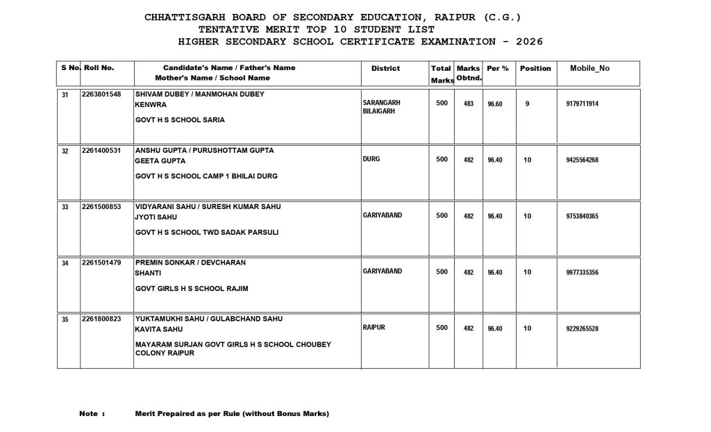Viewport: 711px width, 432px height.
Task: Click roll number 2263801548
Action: point(101,94)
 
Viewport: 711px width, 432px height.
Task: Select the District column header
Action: point(385,68)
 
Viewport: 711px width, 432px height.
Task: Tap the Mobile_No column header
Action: point(589,68)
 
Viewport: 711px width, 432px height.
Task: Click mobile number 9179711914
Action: point(583,104)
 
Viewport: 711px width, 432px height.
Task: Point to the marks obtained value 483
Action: point(469,104)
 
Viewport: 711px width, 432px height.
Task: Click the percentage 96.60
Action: point(495,104)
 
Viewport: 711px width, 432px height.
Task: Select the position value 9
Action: point(528,103)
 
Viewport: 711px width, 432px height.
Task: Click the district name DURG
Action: point(371,159)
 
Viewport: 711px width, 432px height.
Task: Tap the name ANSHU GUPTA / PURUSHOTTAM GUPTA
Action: point(205,150)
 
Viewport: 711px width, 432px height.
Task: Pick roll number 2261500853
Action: point(101,206)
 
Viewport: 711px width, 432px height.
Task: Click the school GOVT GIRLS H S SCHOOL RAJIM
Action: point(192,288)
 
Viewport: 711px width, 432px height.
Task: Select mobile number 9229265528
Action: point(583,329)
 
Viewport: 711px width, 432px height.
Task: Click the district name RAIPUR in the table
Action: point(374,327)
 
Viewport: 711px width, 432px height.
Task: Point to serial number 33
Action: point(65,207)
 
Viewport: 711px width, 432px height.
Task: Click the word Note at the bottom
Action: point(88,414)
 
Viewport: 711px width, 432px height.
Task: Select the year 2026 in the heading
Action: point(528,42)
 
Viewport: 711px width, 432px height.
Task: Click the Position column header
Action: point(535,68)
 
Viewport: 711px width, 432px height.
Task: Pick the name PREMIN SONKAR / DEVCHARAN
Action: point(190,263)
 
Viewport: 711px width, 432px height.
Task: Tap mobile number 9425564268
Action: point(583,160)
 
